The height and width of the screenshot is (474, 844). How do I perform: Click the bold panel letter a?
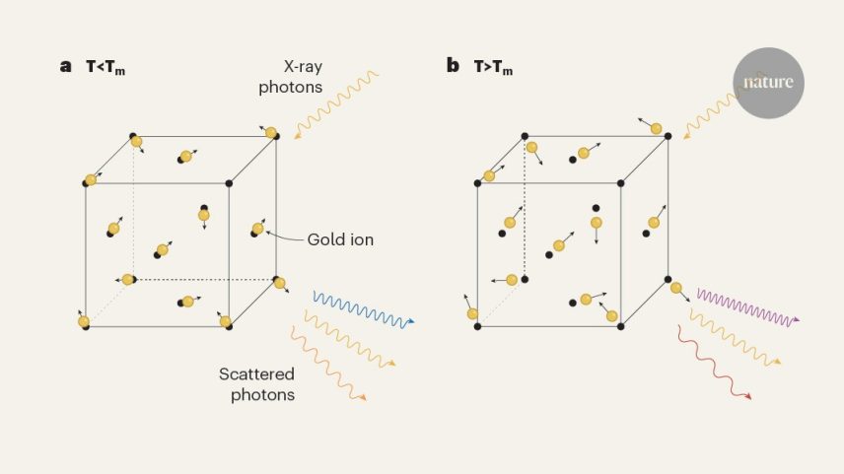[66, 66]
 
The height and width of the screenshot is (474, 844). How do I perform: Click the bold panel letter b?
[453, 65]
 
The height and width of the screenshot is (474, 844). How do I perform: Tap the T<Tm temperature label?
[105, 67]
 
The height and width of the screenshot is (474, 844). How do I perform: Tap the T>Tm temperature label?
[493, 67]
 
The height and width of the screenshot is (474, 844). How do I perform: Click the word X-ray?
[303, 67]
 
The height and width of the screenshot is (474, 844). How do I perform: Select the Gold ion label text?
[340, 239]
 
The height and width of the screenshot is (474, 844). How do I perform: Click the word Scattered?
[256, 373]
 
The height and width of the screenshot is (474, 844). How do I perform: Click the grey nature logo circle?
[768, 83]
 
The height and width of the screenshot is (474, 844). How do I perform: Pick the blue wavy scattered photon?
[363, 310]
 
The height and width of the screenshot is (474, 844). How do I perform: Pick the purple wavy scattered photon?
[748, 307]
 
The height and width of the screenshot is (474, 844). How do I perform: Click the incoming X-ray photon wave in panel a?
[336, 104]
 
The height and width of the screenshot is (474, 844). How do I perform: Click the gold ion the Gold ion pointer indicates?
[257, 229]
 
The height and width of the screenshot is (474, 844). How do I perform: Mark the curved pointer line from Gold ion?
[284, 237]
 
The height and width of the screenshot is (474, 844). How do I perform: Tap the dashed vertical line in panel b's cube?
[525, 207]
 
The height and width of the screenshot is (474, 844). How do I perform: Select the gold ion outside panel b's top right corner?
[656, 128]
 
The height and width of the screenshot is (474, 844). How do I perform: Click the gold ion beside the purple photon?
[676, 288]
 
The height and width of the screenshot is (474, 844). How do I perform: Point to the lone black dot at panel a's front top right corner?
[229, 183]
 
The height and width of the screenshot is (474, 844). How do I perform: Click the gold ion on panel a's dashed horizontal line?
[127, 279]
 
